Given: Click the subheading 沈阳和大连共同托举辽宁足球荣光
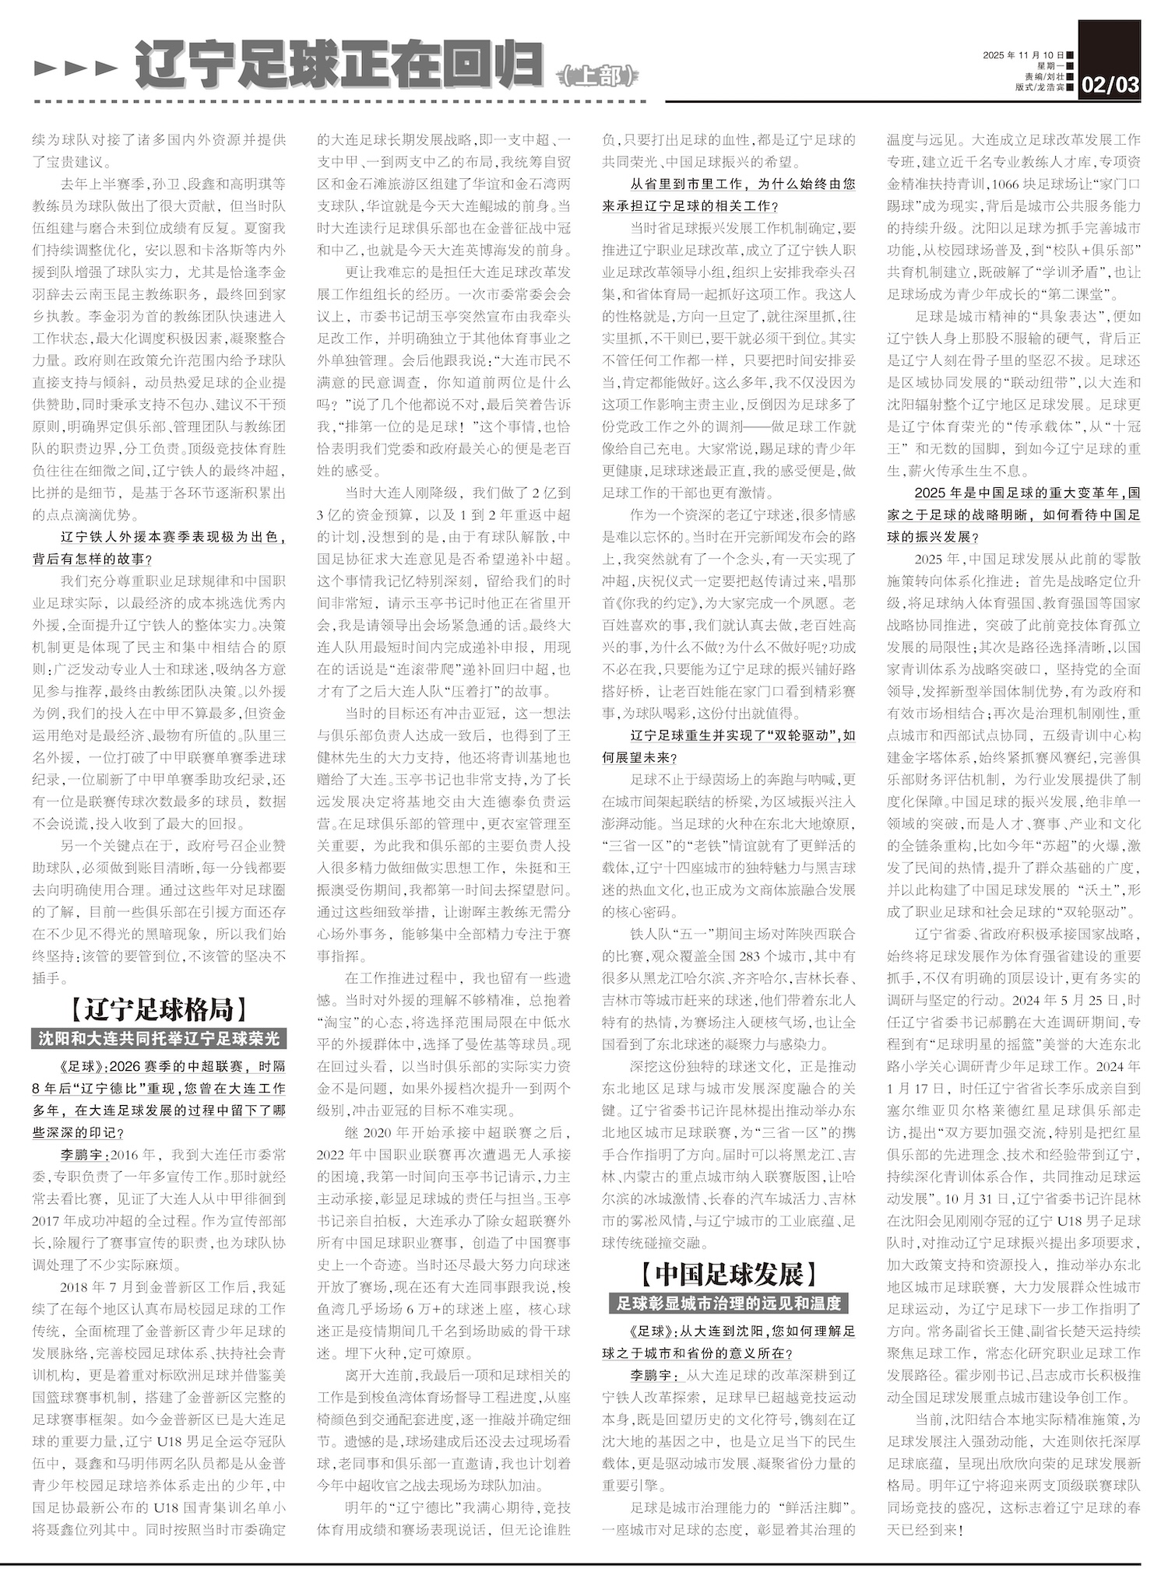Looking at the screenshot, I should (158, 1038).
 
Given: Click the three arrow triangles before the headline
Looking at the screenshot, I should (76, 68).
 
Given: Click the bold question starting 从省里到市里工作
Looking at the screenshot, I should (742, 184).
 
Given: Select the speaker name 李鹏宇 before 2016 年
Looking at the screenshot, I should (84, 1155).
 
